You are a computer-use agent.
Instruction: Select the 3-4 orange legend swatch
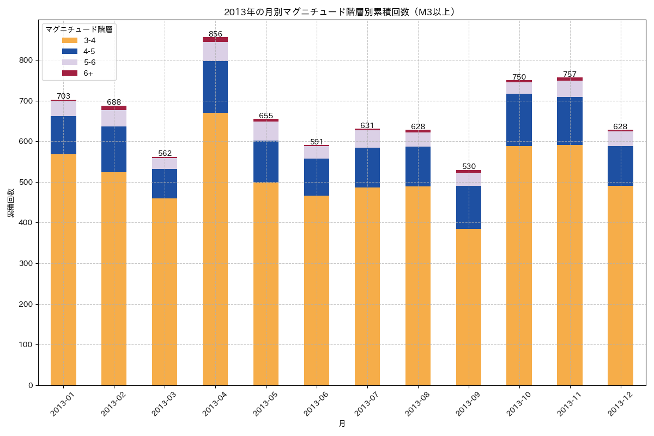(x=69, y=40)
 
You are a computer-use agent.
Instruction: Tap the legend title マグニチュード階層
(x=79, y=29)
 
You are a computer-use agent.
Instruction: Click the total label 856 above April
(x=215, y=34)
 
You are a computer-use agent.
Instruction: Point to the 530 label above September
(x=469, y=166)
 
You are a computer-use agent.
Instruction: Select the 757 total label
(x=570, y=74)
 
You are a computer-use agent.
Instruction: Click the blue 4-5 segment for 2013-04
(x=215, y=87)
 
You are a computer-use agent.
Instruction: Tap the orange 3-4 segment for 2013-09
(x=469, y=305)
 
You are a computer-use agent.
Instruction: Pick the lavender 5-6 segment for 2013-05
(x=266, y=131)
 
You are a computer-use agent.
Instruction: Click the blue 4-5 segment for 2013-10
(x=519, y=120)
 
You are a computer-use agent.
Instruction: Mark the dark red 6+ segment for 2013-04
(x=215, y=40)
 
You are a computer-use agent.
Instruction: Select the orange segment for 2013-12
(x=620, y=283)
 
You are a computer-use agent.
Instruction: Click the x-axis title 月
(x=342, y=424)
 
